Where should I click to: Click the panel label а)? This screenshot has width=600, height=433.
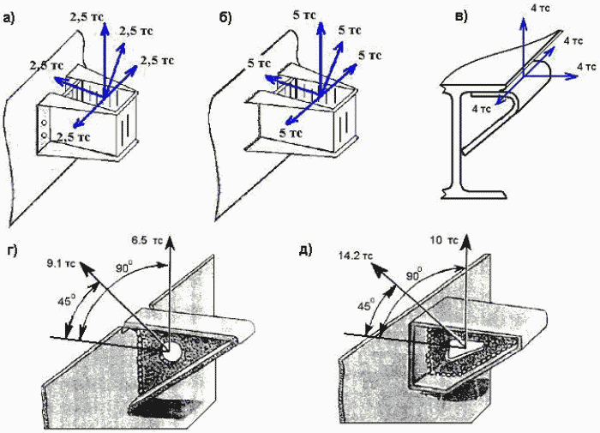pos(9,18)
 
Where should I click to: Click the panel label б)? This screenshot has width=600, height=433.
pos(225,18)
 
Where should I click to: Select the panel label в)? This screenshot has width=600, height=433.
pos(461,17)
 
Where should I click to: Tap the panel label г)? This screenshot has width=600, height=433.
pos(12,250)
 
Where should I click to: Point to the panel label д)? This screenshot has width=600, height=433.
pos(306,250)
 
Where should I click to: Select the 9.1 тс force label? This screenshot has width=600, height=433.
pos(61,263)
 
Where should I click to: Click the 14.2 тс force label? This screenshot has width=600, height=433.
pos(356,256)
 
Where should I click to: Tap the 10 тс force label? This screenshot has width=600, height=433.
pos(444,240)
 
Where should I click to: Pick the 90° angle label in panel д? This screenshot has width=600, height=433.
pos(414,274)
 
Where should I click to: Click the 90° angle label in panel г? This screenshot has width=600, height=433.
pos(124,267)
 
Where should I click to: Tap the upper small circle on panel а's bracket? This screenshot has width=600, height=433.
pos(45,123)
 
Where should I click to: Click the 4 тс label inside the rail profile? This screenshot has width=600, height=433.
pos(481,109)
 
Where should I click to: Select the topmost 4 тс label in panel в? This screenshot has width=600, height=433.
pos(540,8)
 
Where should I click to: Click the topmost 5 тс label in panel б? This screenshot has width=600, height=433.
pos(304,15)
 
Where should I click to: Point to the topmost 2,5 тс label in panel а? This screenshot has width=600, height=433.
pos(87,16)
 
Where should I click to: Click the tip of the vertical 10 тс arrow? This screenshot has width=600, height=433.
pos(466,234)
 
